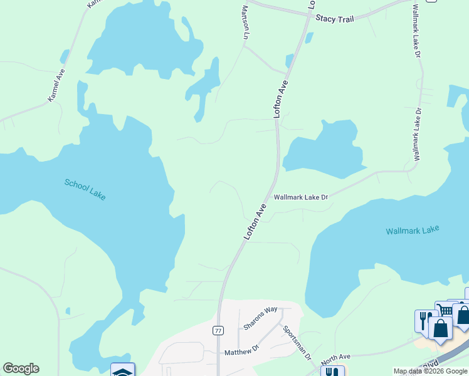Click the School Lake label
click(x=85, y=189)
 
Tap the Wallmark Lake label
click(x=412, y=231)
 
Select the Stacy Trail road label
click(x=335, y=19)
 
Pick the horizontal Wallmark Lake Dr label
click(x=301, y=197)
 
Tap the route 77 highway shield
click(x=218, y=330)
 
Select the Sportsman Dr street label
click(x=297, y=342)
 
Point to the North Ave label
click(x=335, y=360)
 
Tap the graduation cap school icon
click(x=122, y=371)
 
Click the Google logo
click(x=21, y=368)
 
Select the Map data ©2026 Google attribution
click(x=430, y=371)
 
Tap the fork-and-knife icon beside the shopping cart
click(x=424, y=320)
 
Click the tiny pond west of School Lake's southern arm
click(x=67, y=310)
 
